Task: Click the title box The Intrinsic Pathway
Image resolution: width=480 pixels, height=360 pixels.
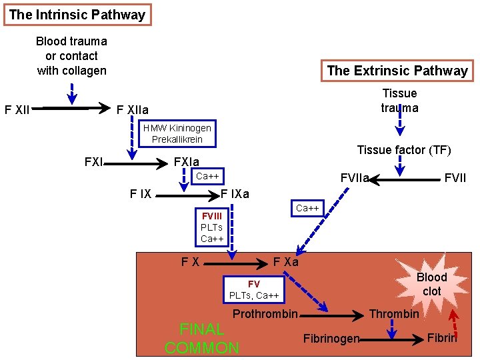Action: (77, 15)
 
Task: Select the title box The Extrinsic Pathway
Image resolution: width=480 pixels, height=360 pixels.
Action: (397, 71)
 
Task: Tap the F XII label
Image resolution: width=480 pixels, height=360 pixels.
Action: (17, 109)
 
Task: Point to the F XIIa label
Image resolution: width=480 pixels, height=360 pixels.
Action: (133, 109)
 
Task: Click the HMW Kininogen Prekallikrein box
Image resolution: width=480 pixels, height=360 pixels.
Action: (177, 133)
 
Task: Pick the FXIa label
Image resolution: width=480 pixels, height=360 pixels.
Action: (186, 162)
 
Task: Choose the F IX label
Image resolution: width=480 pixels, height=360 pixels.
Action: (140, 195)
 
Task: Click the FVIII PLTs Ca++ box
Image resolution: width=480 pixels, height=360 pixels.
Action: (212, 227)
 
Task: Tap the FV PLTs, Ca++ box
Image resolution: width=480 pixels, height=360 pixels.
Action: (254, 290)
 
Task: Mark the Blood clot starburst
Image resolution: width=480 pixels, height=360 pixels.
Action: (431, 284)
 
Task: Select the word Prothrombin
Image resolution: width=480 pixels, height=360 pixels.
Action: (265, 314)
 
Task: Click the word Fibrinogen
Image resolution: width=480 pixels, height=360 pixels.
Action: (331, 339)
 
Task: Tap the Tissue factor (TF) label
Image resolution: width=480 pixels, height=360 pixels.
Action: (404, 150)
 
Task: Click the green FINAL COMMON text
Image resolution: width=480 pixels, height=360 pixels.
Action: (201, 338)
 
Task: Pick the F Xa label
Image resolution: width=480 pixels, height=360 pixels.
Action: (286, 262)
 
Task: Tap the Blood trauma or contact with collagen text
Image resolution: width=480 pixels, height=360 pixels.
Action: (71, 56)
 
